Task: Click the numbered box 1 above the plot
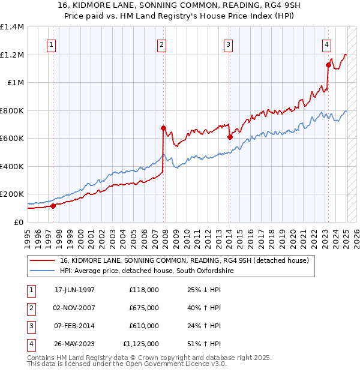tap(51, 44)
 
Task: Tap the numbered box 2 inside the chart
tap(162, 44)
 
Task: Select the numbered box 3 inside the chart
tap(229, 44)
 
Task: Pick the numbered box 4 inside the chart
tap(326, 44)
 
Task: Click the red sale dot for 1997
tap(53, 206)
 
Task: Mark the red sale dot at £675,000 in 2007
tap(163, 128)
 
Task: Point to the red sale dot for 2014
tap(230, 137)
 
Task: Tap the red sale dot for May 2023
tap(328, 65)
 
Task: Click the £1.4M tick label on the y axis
tap(12, 27)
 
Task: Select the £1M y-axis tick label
tap(15, 83)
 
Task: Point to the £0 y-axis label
tap(19, 222)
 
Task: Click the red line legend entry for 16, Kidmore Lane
tap(184, 261)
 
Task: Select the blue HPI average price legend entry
tap(146, 271)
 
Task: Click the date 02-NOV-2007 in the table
tap(74, 308)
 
